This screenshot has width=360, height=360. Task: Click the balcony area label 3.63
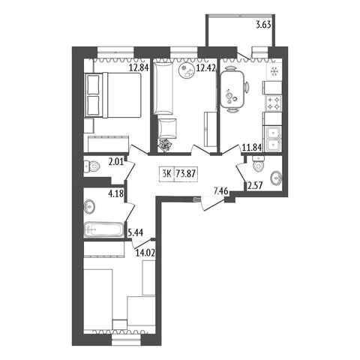click(264, 25)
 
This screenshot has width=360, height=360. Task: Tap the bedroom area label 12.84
click(139, 67)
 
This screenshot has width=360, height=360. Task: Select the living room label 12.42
click(205, 67)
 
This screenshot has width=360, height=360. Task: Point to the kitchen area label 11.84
click(252, 148)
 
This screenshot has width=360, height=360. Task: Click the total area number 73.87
click(185, 173)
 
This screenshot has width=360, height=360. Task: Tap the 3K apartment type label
click(166, 173)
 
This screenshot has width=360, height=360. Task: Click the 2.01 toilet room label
click(116, 163)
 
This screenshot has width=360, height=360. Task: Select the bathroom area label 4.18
click(116, 193)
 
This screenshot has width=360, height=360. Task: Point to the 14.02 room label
click(145, 253)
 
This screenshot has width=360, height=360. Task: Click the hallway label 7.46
click(220, 192)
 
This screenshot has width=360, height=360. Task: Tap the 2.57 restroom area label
click(255, 186)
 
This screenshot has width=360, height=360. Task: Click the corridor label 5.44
click(136, 233)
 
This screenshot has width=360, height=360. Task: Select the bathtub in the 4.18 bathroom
click(104, 229)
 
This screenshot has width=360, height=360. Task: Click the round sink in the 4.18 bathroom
click(89, 207)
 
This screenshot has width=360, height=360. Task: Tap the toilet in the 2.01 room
click(91, 166)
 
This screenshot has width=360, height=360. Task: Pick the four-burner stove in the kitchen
click(274, 103)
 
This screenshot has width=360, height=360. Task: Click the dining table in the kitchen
click(232, 89)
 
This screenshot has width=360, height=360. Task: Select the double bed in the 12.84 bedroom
click(113, 95)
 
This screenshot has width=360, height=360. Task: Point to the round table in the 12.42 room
click(187, 71)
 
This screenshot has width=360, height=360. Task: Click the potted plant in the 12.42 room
click(165, 145)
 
